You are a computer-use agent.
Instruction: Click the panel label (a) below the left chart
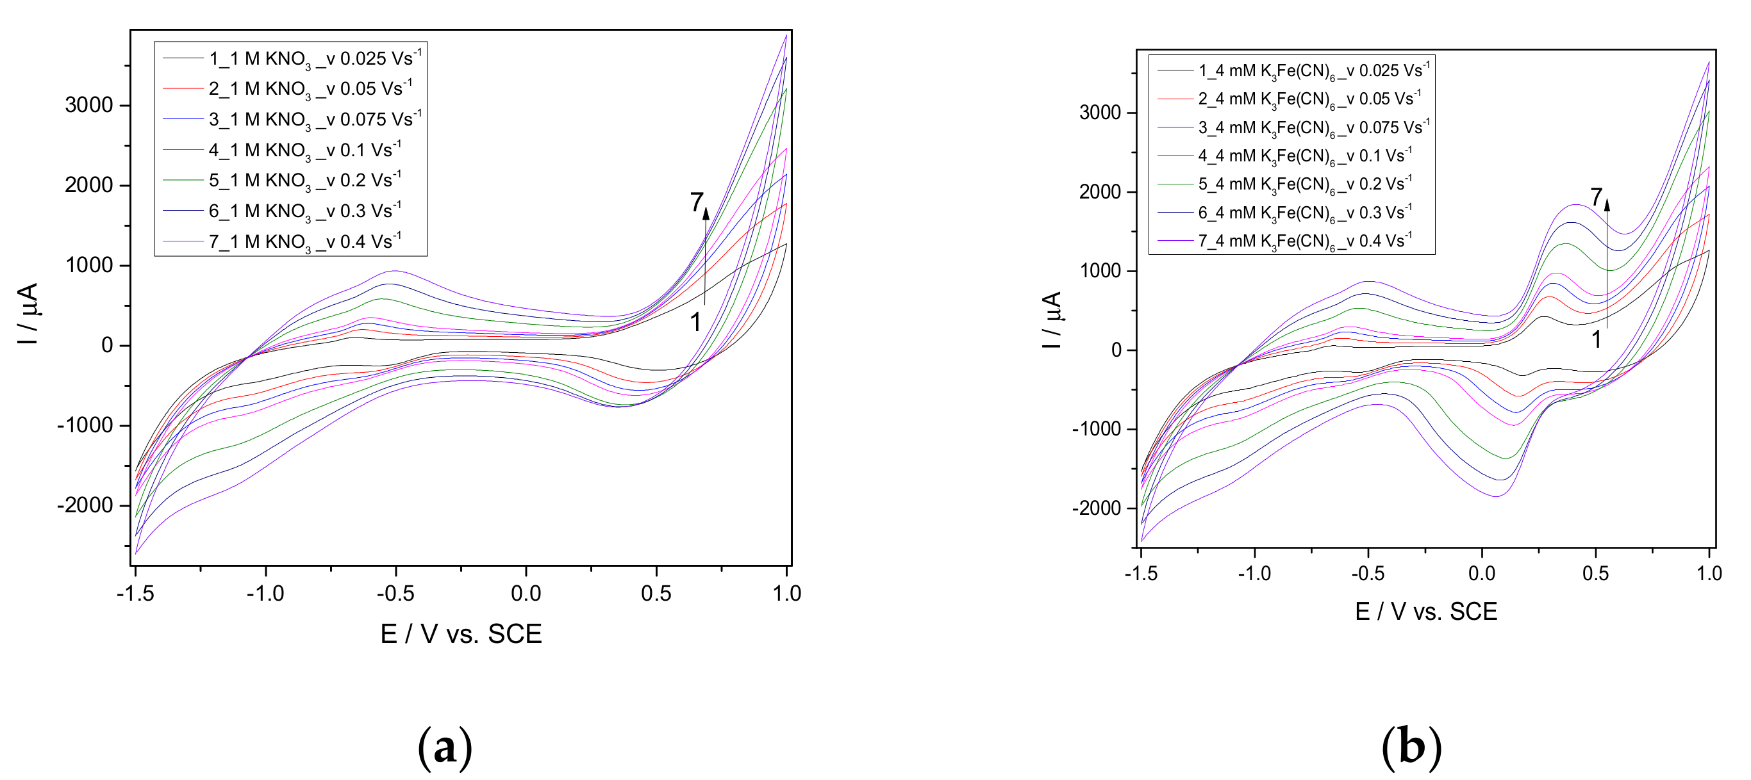point(445,747)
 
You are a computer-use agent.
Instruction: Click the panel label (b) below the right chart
point(1411,747)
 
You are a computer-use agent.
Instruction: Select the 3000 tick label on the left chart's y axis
point(89,105)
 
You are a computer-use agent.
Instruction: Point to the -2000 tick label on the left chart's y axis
point(85,505)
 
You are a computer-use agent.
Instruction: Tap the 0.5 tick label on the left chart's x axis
point(656,594)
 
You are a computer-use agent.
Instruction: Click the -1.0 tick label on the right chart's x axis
point(1254,573)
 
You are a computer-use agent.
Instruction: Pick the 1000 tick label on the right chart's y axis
point(1099,271)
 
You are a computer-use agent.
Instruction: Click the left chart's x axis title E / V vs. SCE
point(461,634)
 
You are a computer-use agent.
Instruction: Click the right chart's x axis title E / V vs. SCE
point(1426,612)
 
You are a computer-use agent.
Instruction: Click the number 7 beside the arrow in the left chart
point(695,202)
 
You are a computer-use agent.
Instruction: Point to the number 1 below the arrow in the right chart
point(1597,339)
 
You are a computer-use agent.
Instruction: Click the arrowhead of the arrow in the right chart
point(1607,204)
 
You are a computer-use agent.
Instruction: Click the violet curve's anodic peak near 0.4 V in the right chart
point(1575,204)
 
